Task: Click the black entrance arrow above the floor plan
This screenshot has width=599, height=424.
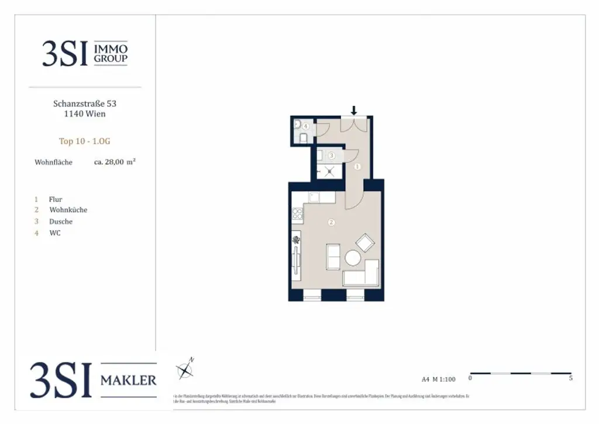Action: click(353, 110)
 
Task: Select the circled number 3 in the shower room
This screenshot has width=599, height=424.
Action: click(331, 156)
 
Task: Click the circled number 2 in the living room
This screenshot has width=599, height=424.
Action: click(331, 222)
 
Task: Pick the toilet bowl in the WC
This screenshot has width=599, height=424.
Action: click(303, 138)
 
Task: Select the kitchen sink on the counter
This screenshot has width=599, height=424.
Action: click(314, 197)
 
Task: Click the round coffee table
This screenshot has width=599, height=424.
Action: click(353, 258)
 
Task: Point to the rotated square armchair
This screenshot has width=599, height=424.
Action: click(366, 242)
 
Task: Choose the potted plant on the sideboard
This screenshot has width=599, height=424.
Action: click(297, 240)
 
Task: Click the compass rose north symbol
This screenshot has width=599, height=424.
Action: click(185, 369)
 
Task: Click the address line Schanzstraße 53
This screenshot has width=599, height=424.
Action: click(85, 103)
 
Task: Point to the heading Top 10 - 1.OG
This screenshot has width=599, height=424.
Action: click(85, 141)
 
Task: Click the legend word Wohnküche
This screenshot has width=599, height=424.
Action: click(68, 210)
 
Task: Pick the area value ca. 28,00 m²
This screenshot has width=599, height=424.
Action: click(115, 162)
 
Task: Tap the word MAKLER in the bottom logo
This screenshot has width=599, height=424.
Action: click(129, 381)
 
